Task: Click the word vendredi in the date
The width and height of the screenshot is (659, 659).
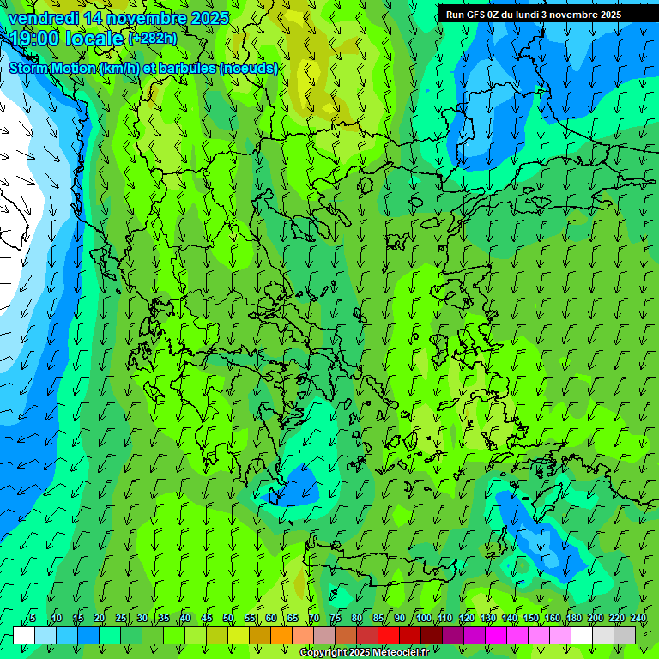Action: coord(43,18)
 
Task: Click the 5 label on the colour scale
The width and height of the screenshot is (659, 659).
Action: coord(33,619)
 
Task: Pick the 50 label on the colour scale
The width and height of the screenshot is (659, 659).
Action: coord(228,619)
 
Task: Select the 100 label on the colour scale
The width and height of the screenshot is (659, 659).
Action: coord(424,619)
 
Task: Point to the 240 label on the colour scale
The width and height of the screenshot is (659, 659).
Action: coord(638,619)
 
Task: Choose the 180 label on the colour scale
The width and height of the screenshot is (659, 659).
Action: coord(574,619)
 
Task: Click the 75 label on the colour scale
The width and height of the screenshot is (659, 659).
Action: coord(336,619)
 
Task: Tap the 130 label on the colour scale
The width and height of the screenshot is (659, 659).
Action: coord(488,619)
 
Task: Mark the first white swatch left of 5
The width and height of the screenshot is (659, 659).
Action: coord(23,635)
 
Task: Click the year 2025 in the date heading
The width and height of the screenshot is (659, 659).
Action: coord(209,18)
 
